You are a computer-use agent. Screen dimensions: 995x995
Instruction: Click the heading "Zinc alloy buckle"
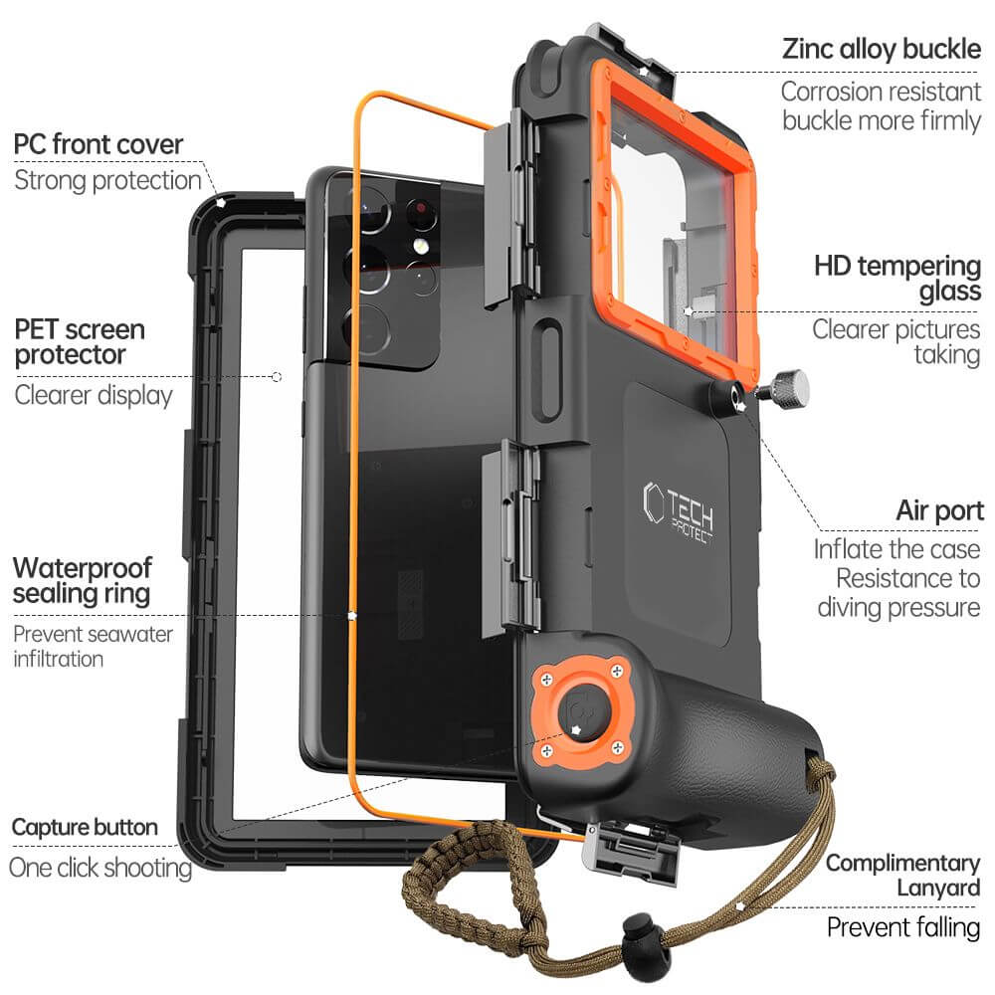click(882, 49)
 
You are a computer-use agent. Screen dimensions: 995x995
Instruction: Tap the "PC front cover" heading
click(99, 144)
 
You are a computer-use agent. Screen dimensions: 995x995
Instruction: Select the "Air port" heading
click(939, 511)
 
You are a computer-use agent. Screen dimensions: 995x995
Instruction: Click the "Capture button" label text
click(85, 827)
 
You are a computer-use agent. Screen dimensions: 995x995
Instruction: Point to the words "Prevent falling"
click(903, 927)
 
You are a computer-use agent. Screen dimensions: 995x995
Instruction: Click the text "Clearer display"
click(94, 394)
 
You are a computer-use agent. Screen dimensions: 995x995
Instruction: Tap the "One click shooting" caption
click(100, 867)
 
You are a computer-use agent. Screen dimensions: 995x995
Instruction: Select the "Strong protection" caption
click(107, 180)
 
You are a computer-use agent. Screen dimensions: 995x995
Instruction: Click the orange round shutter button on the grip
click(577, 710)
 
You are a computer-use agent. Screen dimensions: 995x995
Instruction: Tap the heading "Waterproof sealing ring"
click(82, 581)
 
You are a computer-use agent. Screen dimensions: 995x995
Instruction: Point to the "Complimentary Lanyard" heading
click(902, 874)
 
